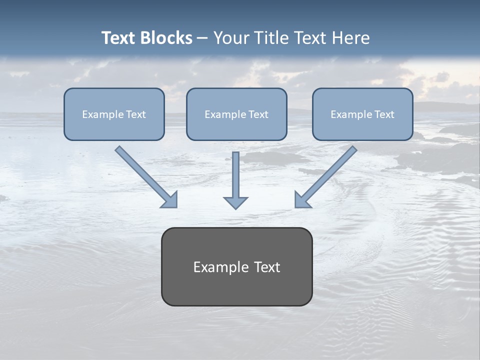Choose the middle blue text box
(236, 127)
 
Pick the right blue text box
(362, 127)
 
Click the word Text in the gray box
(267, 267)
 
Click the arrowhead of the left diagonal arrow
(170, 200)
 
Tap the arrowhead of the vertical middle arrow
(235, 202)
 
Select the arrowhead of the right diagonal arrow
(302, 200)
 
